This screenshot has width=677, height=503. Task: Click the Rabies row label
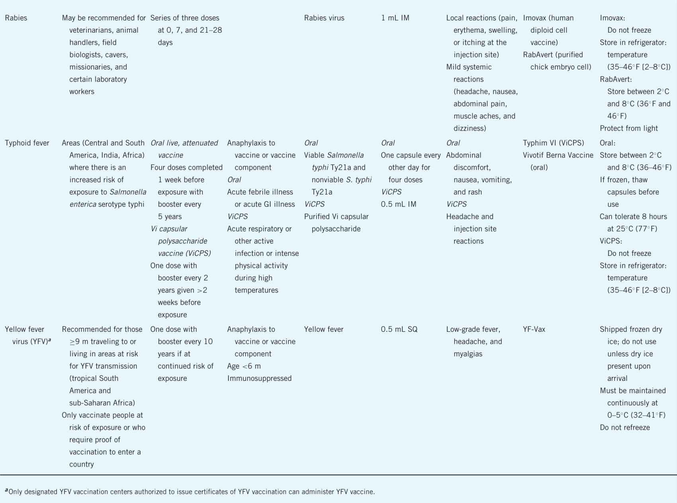(16, 18)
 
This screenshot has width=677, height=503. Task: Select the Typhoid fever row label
(27, 143)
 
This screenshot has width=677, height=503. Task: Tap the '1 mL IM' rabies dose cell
(395, 18)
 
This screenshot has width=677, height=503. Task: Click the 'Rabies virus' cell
(324, 18)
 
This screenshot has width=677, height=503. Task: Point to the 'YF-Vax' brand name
(534, 329)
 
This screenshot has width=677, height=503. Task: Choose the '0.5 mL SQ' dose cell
(399, 329)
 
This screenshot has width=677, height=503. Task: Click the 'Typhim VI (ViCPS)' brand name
(553, 143)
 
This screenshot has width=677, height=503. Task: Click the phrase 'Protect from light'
(629, 128)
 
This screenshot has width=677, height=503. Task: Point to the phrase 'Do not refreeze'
(625, 427)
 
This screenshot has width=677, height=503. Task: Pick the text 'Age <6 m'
(244, 366)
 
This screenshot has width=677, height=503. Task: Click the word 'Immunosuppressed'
(259, 378)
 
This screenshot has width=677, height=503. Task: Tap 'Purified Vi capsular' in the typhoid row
(336, 216)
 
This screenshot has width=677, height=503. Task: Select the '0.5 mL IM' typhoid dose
(398, 204)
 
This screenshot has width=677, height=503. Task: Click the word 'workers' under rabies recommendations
(82, 92)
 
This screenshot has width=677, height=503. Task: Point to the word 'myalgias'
(468, 354)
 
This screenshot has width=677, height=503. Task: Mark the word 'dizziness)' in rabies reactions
(470, 128)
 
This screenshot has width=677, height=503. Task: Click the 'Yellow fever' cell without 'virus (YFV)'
(324, 329)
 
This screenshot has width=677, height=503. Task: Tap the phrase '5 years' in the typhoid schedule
(170, 216)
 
